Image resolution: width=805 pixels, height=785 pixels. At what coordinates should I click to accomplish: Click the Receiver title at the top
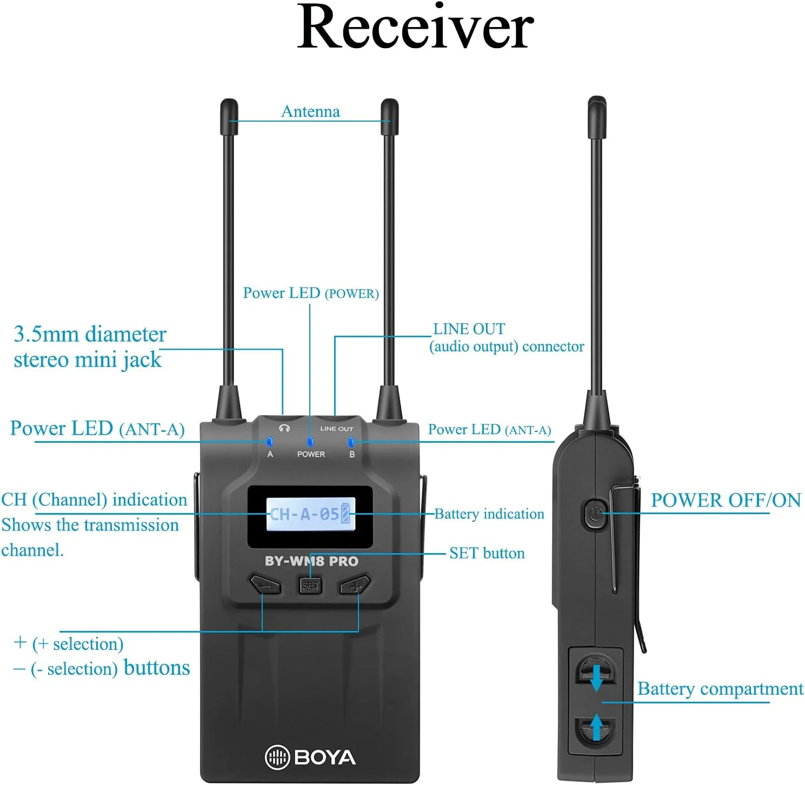pos(415,27)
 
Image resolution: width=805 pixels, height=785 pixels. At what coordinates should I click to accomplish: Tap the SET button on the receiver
pos(310,585)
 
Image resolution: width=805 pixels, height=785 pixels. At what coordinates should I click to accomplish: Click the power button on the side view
pos(594,513)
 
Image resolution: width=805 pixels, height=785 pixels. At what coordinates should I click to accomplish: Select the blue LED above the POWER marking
pos(310,442)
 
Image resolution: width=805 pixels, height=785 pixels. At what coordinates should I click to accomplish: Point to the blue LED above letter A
pos(270,442)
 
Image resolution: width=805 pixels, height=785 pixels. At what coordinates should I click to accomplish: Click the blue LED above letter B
pos(351,442)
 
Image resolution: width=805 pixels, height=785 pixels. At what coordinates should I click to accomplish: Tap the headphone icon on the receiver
pos(284,428)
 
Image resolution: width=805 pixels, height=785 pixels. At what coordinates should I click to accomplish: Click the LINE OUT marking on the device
pos(336,429)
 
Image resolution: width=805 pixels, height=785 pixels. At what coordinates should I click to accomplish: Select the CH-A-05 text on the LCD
pos(304,514)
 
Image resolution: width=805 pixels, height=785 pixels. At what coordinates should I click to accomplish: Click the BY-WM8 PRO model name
pos(311,561)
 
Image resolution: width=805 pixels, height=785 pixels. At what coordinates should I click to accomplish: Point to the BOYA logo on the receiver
pos(310,757)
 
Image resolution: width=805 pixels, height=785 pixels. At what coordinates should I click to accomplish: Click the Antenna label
pos(310,111)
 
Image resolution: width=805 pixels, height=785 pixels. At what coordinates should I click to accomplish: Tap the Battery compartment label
pos(720,689)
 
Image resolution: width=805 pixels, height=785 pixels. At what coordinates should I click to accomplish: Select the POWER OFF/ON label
pos(726,500)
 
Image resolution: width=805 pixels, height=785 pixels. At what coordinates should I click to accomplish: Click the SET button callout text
pos(487,553)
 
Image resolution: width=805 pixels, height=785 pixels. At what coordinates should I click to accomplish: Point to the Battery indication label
pos(489,514)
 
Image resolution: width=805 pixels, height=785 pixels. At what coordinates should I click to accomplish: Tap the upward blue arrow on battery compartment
pos(596,727)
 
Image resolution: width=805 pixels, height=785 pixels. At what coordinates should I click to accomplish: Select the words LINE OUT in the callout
pos(469,329)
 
